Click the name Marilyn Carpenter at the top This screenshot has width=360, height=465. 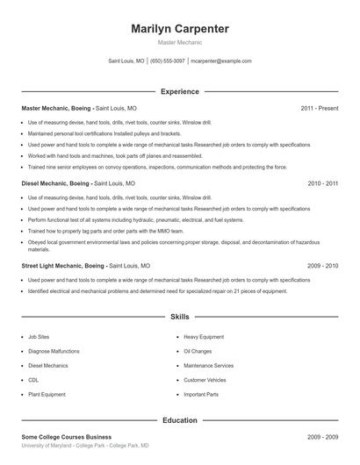coord(179,29)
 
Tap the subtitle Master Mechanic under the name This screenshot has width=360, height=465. coord(179,42)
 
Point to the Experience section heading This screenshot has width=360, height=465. coord(179,91)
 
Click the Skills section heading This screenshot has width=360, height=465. coord(179,317)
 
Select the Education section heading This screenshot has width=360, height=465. coord(179,420)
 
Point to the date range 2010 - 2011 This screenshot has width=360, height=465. coord(322,184)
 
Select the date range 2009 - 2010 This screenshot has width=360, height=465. coord(322,264)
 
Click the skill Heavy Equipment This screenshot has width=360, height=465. coord(204,336)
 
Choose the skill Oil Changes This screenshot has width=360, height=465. coord(198,351)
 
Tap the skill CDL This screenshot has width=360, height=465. coord(33,380)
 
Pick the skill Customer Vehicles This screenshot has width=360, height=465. coord(205,380)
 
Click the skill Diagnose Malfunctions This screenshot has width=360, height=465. coord(54,351)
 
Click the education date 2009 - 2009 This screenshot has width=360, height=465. coord(322,436)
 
